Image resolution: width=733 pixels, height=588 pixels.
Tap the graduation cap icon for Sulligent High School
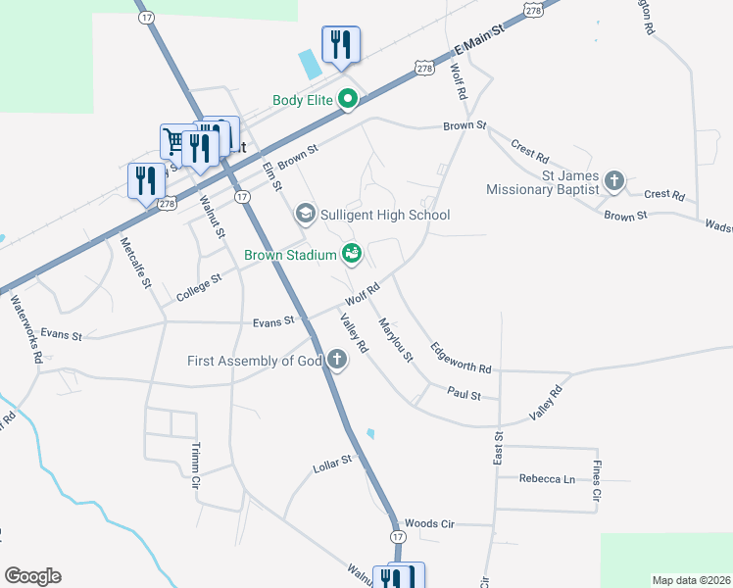click(x=305, y=214)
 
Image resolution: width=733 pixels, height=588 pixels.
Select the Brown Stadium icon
click(x=352, y=255)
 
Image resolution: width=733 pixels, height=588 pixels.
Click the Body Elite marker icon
click(x=348, y=99)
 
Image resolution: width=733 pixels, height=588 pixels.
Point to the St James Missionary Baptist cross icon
click(x=614, y=180)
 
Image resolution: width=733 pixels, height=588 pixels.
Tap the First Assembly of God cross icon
click(x=337, y=361)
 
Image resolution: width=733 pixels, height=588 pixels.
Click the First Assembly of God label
click(x=255, y=362)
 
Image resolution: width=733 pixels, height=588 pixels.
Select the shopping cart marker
click(x=175, y=141)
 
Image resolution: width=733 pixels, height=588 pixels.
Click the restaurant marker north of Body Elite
click(x=340, y=44)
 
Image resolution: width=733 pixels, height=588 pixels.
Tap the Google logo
click(x=32, y=576)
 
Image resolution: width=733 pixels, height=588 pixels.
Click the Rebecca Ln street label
click(x=547, y=478)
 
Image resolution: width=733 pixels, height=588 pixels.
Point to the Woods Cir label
click(x=429, y=524)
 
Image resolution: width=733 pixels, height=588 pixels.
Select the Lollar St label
click(x=332, y=460)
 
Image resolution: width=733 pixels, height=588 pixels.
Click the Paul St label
click(x=464, y=395)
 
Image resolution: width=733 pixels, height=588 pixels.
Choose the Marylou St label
click(x=396, y=340)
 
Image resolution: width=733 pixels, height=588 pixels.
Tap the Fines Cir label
click(x=596, y=480)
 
